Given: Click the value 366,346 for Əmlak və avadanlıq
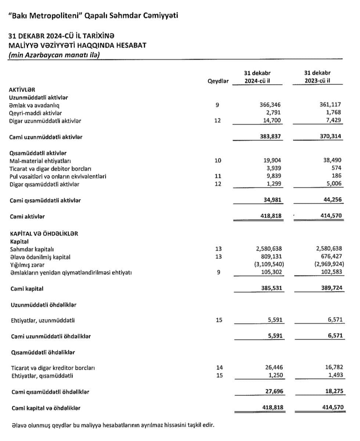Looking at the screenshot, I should (270, 105).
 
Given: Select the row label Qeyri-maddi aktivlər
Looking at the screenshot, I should (35, 113).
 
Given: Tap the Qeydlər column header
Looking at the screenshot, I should (218, 81).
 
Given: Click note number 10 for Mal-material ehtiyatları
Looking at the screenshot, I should (218, 161).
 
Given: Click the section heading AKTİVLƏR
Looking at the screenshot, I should (22, 89).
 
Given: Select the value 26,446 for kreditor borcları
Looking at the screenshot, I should (272, 367).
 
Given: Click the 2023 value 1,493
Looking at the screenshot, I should (334, 375).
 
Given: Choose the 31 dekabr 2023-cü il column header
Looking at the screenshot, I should (317, 77).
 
